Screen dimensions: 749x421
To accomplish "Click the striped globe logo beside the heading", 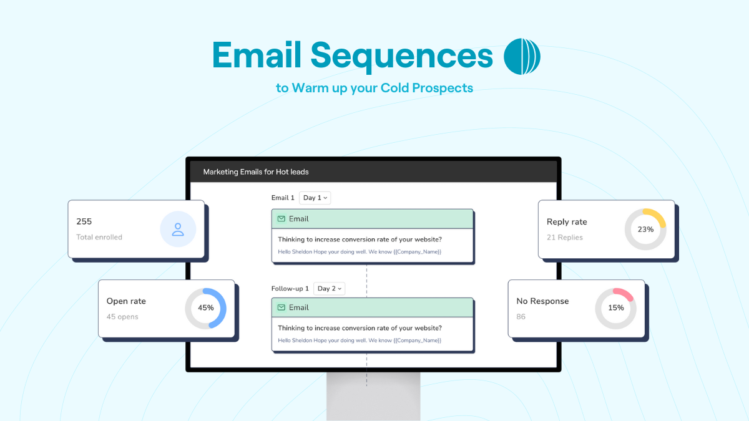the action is pos(522,56).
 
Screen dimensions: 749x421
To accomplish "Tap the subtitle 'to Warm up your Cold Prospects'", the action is pos(374,88).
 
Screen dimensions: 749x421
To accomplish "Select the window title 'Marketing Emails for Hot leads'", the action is pos(256,172).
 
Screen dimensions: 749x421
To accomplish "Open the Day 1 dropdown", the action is pos(315,198).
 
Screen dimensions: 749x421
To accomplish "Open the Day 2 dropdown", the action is pos(330,289).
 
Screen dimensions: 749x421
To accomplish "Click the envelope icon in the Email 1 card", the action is pos(281,219).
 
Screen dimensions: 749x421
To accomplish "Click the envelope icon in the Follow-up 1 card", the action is pos(281,307).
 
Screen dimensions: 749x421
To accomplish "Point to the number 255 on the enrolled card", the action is pos(84,221).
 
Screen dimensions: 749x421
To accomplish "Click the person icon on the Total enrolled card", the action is pos(178,230).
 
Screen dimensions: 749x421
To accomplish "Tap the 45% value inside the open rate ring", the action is pos(205,307).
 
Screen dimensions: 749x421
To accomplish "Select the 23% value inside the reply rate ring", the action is pos(645,230).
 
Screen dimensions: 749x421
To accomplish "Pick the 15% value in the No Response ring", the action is pos(616,307).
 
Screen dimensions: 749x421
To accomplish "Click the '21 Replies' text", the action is pos(565,238).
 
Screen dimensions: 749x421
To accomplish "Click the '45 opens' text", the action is pos(122,317).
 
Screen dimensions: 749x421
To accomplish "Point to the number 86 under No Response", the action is pos(521,317).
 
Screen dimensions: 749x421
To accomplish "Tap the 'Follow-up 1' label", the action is pos(290,289).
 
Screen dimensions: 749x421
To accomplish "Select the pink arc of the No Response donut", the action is pos(625,294).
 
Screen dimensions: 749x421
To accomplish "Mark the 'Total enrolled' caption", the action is pos(99,237).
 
